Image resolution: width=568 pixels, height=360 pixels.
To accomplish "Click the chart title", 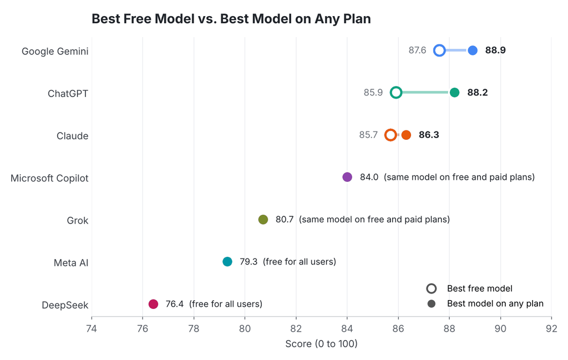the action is [231, 19].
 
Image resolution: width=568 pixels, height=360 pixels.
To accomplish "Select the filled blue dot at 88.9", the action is [473, 50].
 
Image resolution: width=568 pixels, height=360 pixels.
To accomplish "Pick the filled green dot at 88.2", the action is [455, 92].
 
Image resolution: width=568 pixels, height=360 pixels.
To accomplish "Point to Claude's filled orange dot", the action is [407, 135].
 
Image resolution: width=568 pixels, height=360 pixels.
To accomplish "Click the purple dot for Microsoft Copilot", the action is [347, 177].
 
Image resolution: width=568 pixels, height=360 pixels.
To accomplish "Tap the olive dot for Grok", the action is [263, 220].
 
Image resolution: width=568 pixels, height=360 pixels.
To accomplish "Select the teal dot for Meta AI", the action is [227, 261].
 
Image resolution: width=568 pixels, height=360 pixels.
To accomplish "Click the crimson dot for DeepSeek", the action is [153, 304].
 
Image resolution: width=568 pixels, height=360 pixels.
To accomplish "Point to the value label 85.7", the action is [368, 135].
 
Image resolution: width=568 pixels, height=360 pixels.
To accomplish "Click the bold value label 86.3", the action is [429, 135].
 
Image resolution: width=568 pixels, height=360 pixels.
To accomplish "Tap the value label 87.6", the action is [417, 50].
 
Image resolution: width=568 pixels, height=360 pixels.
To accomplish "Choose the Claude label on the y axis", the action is [73, 136].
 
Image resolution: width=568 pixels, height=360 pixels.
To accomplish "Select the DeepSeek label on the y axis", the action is [65, 305].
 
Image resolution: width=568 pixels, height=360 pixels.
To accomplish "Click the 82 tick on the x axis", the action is [296, 328].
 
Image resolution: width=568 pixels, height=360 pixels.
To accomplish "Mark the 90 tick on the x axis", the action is [501, 328].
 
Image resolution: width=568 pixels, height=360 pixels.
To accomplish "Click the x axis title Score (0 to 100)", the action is [321, 344].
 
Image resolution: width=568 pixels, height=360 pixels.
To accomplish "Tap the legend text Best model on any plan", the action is [495, 303].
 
